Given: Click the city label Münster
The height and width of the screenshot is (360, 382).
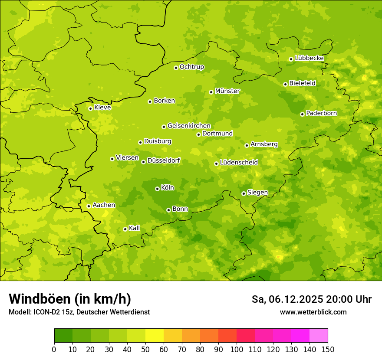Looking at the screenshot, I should point(227,91).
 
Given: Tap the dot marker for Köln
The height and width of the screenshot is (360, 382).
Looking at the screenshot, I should point(157,189).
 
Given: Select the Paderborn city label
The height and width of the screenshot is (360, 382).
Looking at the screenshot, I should point(321,113).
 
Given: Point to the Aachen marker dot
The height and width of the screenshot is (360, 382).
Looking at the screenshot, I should point(89,206).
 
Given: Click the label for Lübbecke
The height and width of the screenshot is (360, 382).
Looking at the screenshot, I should point(309,58).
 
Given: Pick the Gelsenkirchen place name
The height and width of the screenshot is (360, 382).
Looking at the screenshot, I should point(189,126).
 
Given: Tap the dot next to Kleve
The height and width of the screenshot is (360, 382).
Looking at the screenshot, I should point(90,108).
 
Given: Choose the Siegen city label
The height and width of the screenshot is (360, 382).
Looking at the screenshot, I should point(257,193).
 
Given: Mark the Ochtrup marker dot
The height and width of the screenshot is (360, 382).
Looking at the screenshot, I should point(176,68).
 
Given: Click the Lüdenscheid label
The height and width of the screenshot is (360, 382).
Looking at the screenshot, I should point(239,163).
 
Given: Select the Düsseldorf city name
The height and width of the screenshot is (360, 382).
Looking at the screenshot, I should point(163,161).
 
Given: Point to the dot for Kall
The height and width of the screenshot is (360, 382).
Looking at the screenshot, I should point(125,229).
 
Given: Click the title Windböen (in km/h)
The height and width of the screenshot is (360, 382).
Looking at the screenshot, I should point(69,299).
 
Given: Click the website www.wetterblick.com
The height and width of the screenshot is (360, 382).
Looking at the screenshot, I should point(313,312).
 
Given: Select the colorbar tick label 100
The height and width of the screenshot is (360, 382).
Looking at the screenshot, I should point(237,349).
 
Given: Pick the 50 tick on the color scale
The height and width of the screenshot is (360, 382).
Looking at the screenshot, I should point(145,349).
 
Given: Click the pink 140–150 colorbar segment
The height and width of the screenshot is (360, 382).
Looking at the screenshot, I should point(319,335).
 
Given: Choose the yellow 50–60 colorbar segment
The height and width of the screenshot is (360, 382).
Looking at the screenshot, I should point(155,335).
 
